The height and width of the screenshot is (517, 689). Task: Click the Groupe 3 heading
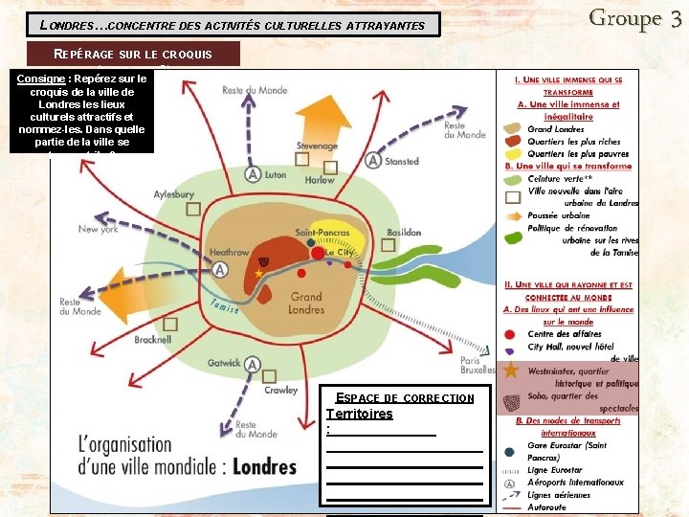(635, 17)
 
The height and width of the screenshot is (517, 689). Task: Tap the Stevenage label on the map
(318, 146)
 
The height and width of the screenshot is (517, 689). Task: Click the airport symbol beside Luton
(253, 174)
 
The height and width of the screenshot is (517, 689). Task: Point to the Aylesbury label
(174, 194)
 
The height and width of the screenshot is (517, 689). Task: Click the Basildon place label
(404, 233)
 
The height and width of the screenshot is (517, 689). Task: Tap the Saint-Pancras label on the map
(320, 233)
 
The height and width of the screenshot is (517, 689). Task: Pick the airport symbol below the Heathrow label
(221, 270)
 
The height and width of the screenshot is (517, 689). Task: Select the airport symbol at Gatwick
(253, 364)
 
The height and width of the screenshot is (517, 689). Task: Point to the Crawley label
(281, 391)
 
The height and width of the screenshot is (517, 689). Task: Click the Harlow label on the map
(320, 180)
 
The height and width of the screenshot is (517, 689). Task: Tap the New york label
(98, 230)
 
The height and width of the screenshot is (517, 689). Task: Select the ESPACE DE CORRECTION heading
(405, 397)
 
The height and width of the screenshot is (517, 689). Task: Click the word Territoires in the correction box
(359, 414)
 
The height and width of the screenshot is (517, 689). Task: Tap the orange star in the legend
(512, 370)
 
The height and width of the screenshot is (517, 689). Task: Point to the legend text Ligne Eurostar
(555, 470)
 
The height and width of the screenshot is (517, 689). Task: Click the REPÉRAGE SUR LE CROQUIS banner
(133, 54)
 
